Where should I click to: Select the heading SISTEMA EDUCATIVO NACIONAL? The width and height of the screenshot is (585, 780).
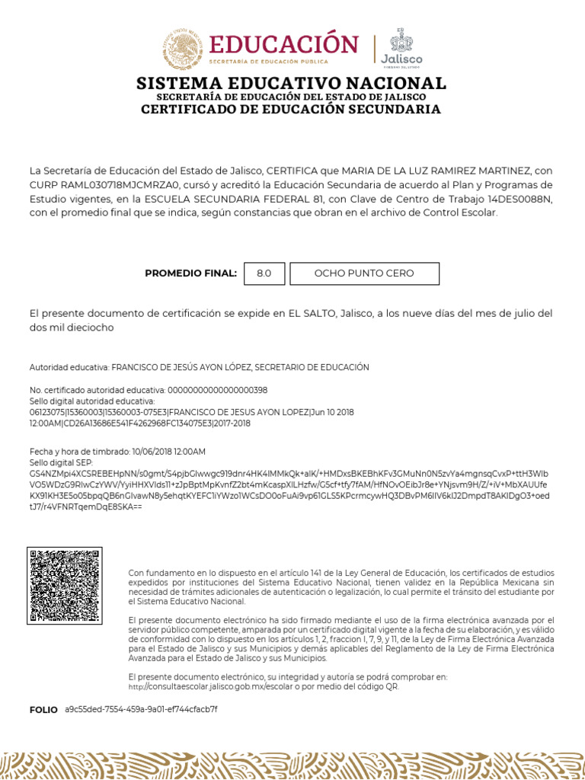click(x=291, y=83)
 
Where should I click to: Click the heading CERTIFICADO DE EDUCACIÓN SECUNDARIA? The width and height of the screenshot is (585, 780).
click(x=291, y=110)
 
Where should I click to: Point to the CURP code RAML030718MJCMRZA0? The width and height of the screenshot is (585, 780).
click(x=114, y=185)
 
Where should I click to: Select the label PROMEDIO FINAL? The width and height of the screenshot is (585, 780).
click(x=190, y=273)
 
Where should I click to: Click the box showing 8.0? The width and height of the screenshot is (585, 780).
click(x=264, y=273)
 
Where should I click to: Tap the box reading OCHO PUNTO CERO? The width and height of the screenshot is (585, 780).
click(x=365, y=273)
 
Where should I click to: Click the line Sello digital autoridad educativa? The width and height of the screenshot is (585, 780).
click(x=92, y=401)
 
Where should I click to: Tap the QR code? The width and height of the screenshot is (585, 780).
click(x=65, y=585)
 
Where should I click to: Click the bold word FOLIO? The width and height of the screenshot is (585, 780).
click(x=43, y=710)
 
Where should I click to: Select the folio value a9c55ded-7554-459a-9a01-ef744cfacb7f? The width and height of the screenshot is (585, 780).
click(x=141, y=710)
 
